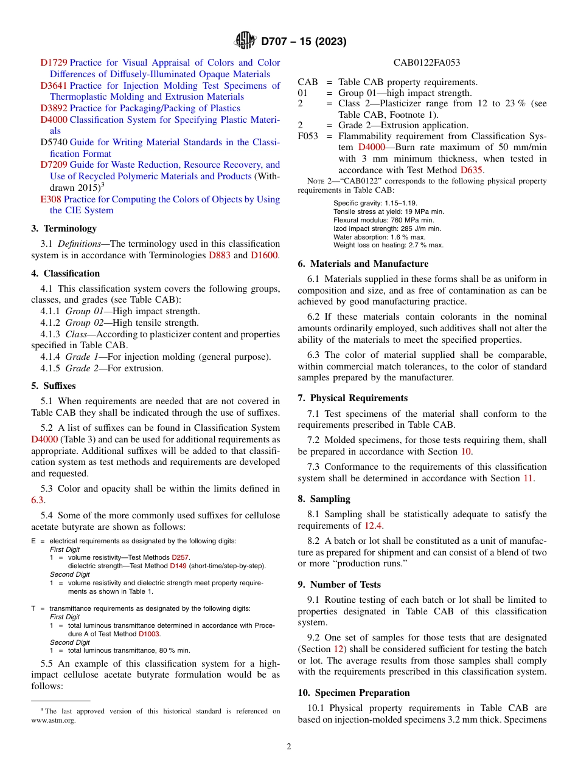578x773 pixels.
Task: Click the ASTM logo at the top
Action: tap(245, 41)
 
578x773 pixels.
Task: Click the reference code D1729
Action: tap(54, 63)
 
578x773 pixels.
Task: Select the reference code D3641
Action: tap(54, 86)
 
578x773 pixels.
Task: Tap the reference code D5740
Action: tap(54, 142)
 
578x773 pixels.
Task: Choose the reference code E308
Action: tap(50, 199)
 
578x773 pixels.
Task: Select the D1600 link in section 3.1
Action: tap(264, 255)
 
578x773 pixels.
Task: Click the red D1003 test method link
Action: tap(149, 634)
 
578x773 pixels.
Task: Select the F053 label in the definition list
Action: tap(308, 137)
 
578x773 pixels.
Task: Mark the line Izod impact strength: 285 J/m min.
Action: tap(387, 228)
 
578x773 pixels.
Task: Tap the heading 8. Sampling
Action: tap(324, 499)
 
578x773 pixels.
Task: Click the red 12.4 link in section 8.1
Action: tap(374, 526)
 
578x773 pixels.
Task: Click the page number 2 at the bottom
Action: tap(289, 747)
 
